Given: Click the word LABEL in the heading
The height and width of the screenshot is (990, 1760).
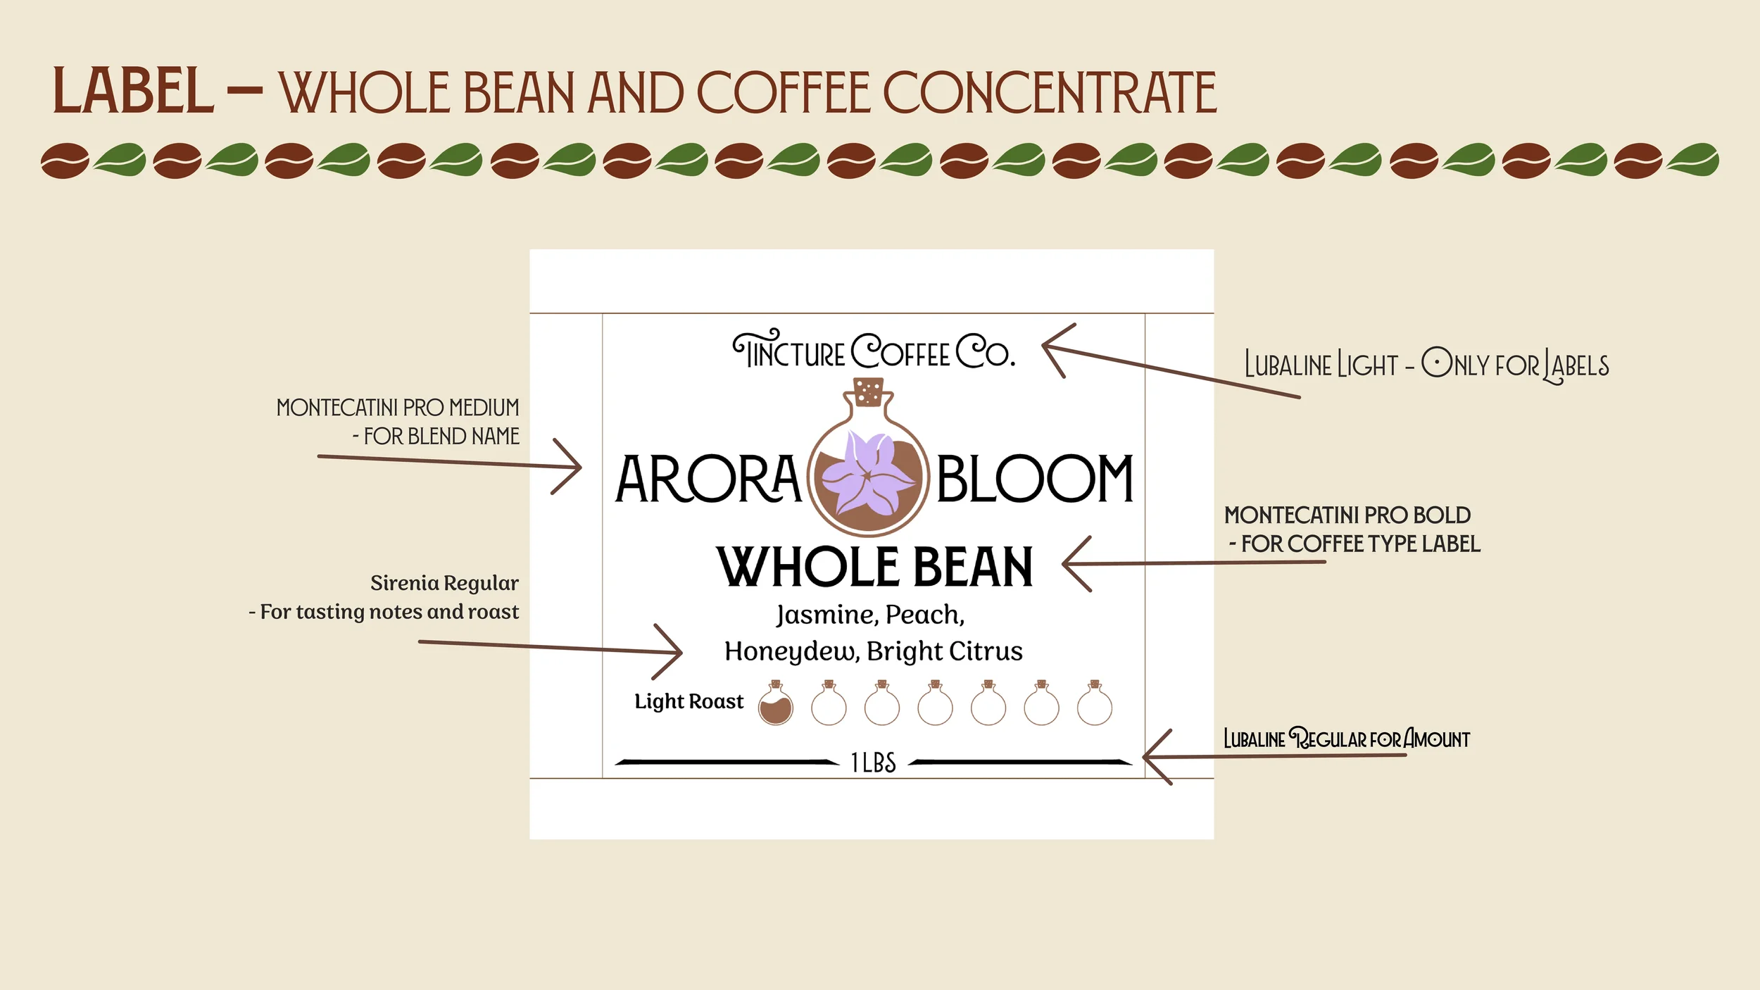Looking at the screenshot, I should click(132, 92).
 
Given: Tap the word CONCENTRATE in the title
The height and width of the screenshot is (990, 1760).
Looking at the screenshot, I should click(1049, 93).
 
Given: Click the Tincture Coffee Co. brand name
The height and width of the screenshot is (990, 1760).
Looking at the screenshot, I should click(873, 351).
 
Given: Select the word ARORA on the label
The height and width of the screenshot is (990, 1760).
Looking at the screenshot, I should click(708, 480).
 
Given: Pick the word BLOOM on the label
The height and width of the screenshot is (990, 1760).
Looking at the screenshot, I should click(1034, 480).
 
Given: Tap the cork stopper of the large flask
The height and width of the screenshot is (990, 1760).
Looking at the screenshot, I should click(868, 392).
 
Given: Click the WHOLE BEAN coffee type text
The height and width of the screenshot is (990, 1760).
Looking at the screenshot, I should click(874, 568).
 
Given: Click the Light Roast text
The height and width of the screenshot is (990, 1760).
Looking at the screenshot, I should click(689, 701).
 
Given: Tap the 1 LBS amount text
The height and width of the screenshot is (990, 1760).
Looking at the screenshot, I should click(873, 763).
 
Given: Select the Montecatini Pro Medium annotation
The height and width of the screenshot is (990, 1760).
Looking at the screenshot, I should click(398, 422).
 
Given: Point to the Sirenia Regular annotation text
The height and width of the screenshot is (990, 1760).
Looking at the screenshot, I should click(384, 597).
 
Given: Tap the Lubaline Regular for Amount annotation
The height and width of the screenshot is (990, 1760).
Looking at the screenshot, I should click(1346, 739).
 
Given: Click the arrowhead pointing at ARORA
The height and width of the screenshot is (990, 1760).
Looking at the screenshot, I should click(574, 467).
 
